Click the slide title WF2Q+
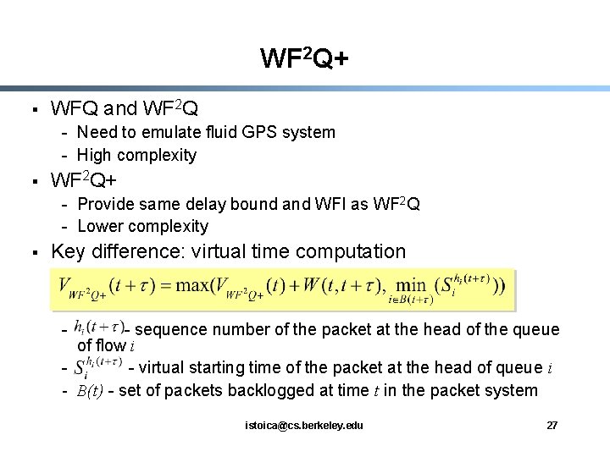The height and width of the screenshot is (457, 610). coord(304,58)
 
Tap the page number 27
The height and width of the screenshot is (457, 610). coord(552,424)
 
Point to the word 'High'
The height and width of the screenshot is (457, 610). coord(95,155)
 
